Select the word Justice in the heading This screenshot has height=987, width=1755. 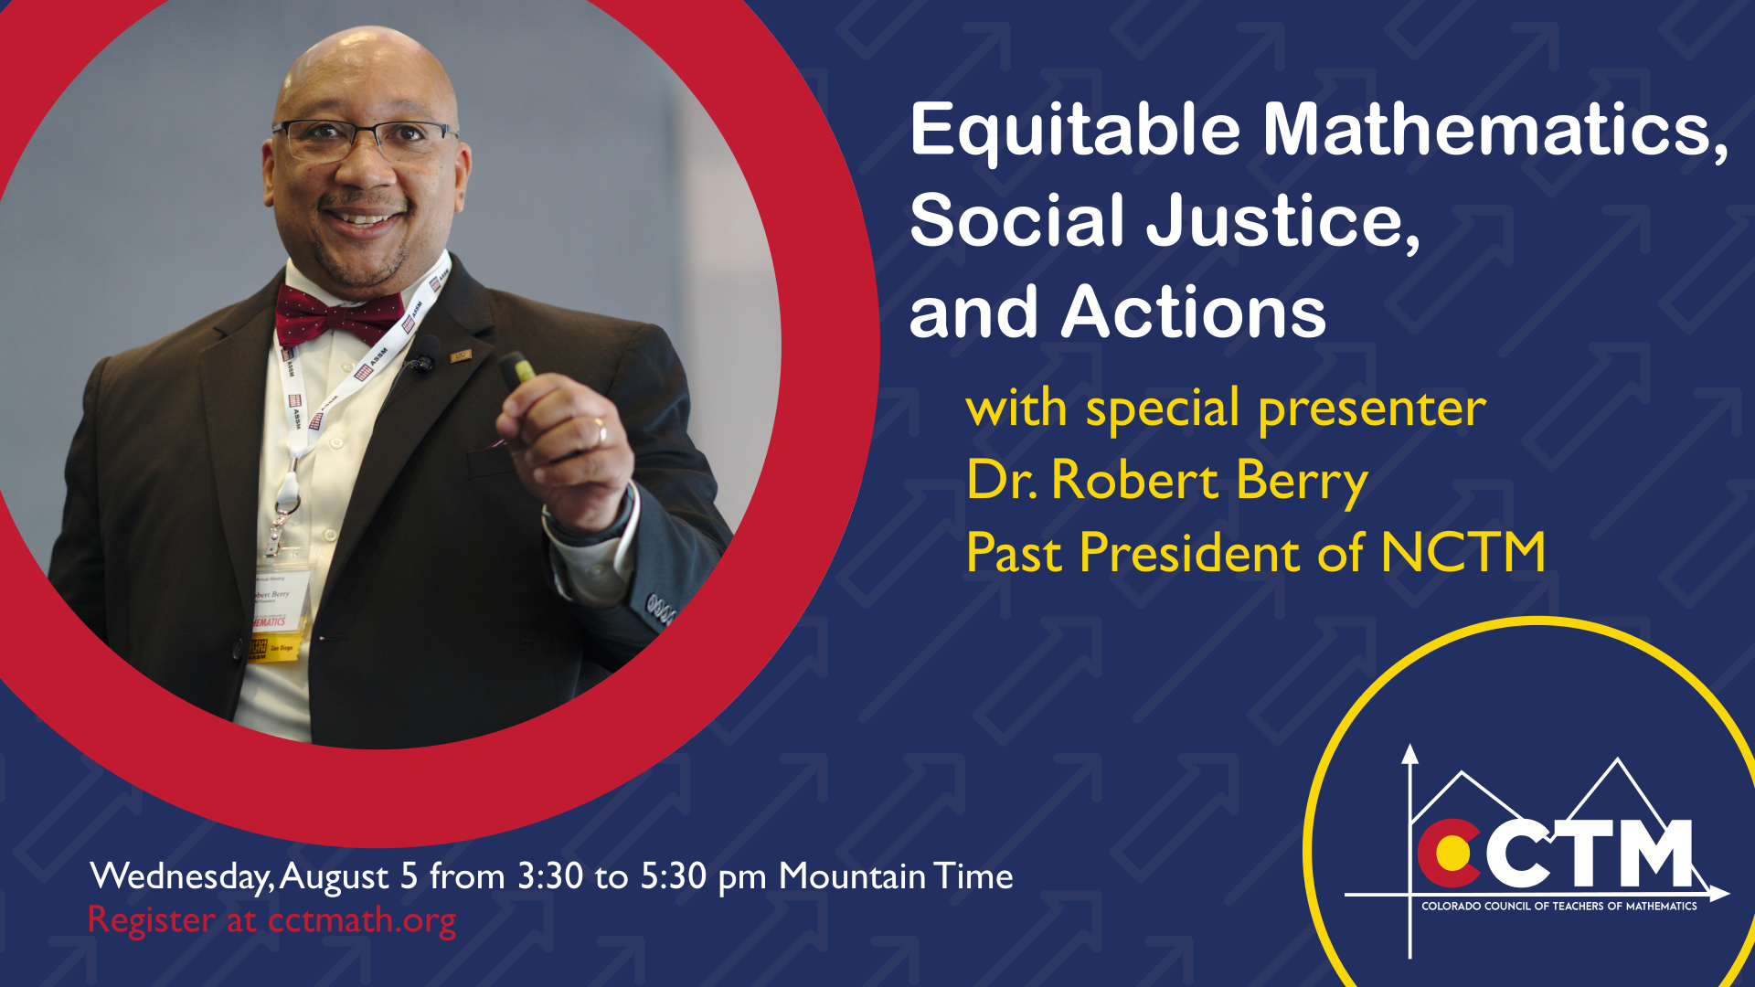[1282, 221]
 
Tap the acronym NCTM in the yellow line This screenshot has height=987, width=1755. [1462, 553]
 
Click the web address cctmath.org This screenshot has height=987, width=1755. [362, 920]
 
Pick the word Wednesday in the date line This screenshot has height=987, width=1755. [182, 876]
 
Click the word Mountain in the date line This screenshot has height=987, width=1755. [852, 876]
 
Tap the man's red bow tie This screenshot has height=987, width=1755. [339, 315]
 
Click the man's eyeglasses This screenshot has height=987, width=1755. [364, 139]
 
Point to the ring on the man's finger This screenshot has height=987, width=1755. [601, 430]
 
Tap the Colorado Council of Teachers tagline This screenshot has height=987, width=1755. [1559, 906]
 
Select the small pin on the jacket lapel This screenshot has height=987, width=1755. [460, 355]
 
